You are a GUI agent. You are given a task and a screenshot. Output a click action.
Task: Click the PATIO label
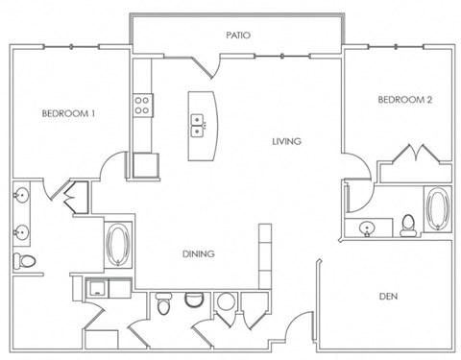coord(238,35)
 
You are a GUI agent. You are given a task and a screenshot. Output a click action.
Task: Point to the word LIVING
coord(286,141)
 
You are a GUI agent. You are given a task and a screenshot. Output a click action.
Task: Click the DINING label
coord(198,253)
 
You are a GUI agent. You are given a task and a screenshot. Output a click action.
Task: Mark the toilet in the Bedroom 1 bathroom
coord(24,262)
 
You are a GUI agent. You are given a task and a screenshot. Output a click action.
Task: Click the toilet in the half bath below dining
coord(163,304)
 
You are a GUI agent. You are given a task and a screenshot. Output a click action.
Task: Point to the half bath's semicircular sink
coord(194,300)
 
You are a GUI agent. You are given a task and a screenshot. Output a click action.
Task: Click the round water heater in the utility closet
coord(226,302)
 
